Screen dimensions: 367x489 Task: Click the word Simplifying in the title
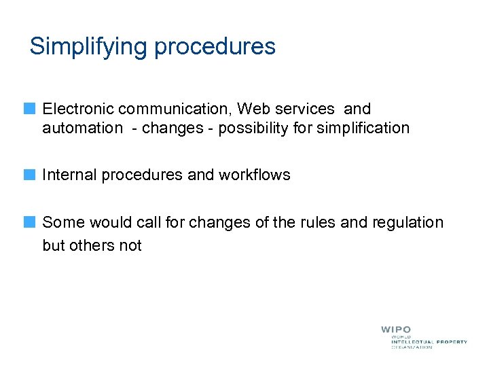[89, 47]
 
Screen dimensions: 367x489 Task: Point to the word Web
[251, 109]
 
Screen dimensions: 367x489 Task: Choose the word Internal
[69, 175]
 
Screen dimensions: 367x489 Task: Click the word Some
[62, 222]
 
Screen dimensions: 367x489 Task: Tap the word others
[93, 245]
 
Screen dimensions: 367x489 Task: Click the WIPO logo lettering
[395, 330]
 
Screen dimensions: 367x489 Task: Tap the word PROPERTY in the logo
[451, 342]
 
